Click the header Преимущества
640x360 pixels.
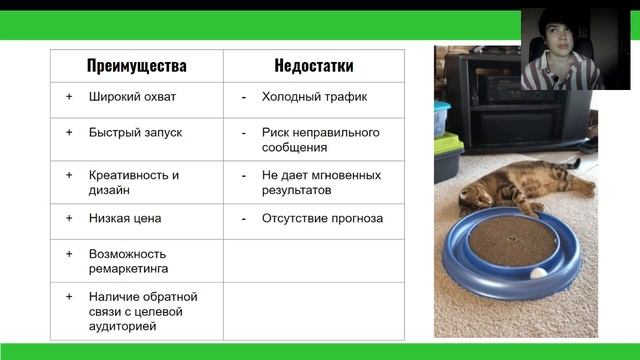tap(136, 66)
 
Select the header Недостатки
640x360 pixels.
tap(313, 66)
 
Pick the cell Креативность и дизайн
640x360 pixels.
tap(133, 181)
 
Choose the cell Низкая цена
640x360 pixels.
tap(124, 217)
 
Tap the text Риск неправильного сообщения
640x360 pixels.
tap(320, 139)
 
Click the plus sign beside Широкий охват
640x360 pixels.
tap(69, 97)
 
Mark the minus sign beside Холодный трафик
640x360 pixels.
tap(243, 97)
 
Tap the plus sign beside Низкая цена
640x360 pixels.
tap(69, 217)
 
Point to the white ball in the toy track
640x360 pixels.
tap(539, 272)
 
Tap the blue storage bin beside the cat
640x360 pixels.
tap(441, 119)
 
